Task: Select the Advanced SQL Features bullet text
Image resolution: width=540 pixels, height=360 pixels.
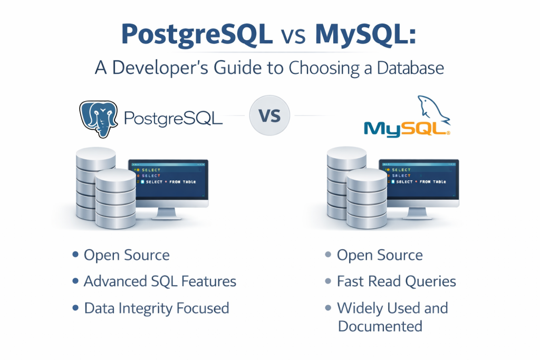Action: [x=160, y=281]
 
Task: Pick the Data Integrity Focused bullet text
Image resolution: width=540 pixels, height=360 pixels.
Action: [x=157, y=308]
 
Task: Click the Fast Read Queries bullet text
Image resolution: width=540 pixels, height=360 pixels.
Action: [x=396, y=281]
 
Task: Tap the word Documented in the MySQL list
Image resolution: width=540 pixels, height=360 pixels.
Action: [x=380, y=326]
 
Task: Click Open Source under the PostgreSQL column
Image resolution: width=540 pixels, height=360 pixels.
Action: [x=127, y=256]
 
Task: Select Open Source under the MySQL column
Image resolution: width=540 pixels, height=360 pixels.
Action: [x=380, y=256]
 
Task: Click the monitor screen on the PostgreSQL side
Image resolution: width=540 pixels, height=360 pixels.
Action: [x=168, y=181]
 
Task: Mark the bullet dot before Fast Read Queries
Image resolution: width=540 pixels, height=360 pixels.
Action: [x=327, y=281]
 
